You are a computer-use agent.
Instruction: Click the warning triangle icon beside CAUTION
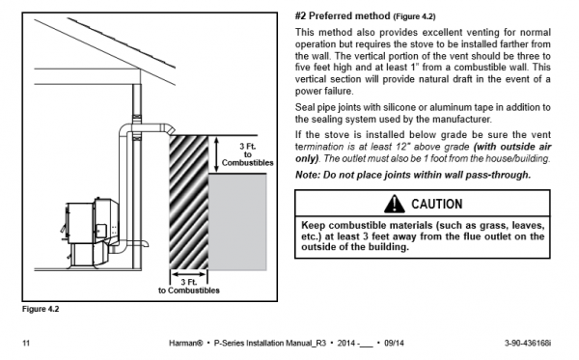(x=394, y=205)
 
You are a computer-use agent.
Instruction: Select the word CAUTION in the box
(x=437, y=205)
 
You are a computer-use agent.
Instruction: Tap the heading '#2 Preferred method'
(x=343, y=16)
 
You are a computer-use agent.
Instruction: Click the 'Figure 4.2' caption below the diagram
(x=41, y=309)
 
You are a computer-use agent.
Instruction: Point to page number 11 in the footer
(x=26, y=343)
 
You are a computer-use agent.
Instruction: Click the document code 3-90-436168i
(x=528, y=343)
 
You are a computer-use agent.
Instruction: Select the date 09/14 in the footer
(x=394, y=343)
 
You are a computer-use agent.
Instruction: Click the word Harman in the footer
(x=185, y=343)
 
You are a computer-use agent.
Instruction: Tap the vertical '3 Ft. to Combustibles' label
(x=248, y=154)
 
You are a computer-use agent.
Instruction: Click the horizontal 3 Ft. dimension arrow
(x=189, y=274)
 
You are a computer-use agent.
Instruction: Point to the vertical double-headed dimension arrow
(x=216, y=154)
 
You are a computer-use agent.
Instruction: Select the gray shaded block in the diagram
(x=237, y=222)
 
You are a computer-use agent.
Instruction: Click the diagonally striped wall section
(x=189, y=203)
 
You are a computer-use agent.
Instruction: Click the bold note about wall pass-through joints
(x=413, y=175)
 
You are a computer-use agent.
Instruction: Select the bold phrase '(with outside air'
(x=512, y=147)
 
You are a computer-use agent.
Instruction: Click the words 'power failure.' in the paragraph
(x=324, y=91)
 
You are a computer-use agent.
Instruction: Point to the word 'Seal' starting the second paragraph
(x=304, y=107)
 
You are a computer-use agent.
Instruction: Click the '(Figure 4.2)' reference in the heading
(x=414, y=16)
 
